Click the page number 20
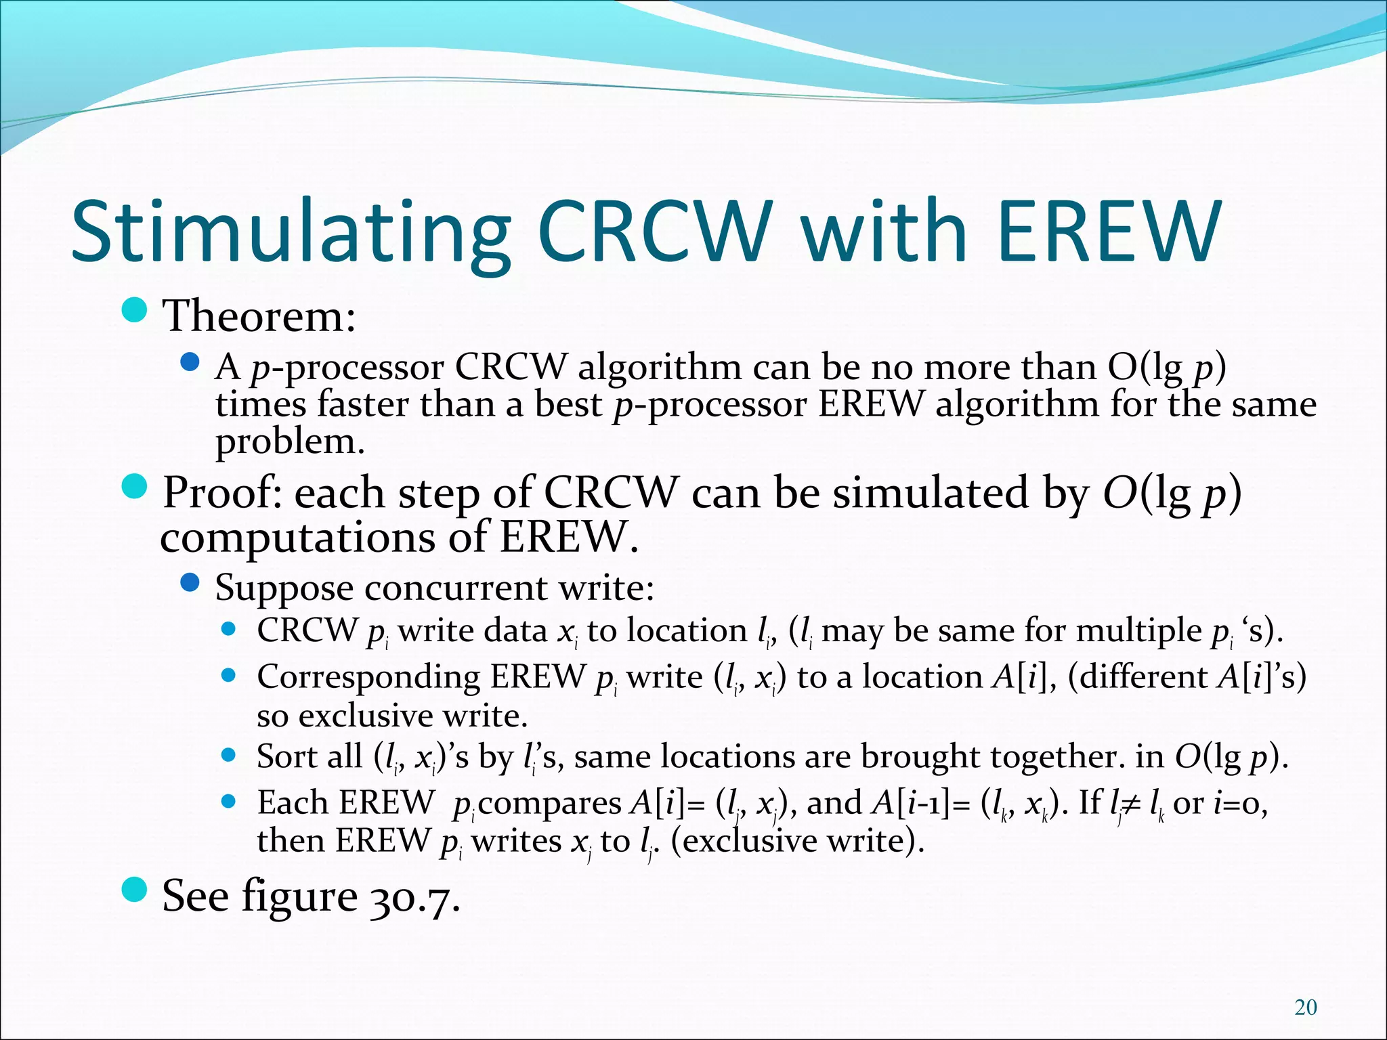[x=1305, y=1007]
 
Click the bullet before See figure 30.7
[x=135, y=890]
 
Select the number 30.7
[x=415, y=896]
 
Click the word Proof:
[x=223, y=492]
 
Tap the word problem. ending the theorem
[x=290, y=442]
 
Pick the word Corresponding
[x=368, y=676]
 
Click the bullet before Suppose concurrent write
[x=190, y=582]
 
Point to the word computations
[x=299, y=538]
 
